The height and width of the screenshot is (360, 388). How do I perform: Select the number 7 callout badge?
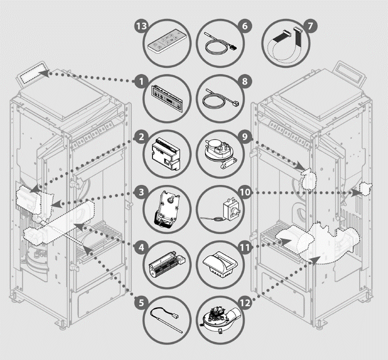(310, 26)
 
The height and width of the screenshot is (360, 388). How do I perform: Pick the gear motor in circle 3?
(166, 206)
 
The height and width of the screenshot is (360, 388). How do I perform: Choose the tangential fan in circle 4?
(166, 261)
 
